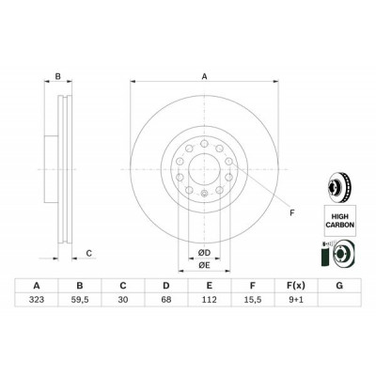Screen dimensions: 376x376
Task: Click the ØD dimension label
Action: pos(202,253)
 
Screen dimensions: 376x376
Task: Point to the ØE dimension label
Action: pos(202,267)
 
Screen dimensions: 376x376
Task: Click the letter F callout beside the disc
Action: pos(291,214)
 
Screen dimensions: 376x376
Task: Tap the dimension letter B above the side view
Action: pos(58,78)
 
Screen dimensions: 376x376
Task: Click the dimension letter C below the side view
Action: pos(88,252)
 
